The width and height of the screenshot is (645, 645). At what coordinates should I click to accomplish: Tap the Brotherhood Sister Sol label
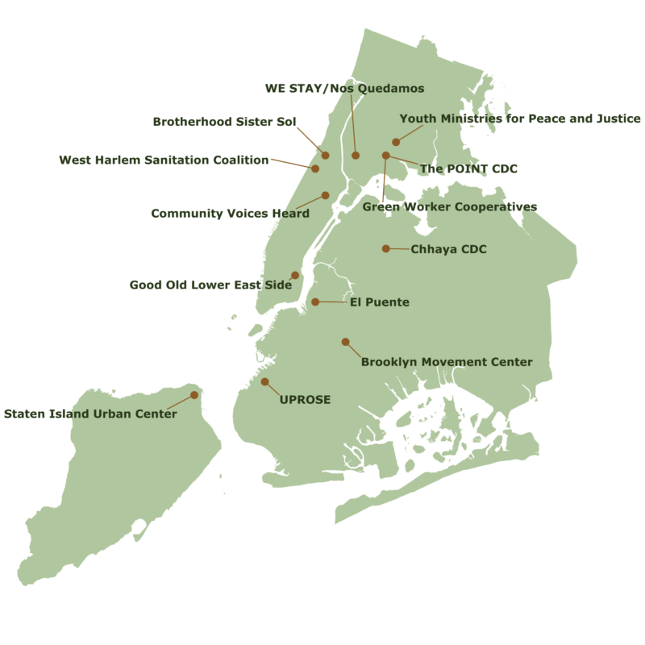[225, 122]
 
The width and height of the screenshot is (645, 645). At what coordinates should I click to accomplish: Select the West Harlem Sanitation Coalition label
[164, 160]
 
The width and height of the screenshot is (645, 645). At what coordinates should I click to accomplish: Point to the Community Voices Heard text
[231, 214]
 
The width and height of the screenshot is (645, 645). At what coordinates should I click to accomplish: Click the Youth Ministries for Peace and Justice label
[520, 119]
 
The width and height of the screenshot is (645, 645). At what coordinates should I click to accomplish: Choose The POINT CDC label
[468, 169]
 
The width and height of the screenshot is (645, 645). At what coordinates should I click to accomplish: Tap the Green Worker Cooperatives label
[449, 206]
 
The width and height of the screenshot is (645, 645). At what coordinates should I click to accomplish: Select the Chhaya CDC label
[449, 249]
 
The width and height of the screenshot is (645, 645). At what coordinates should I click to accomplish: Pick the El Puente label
[380, 302]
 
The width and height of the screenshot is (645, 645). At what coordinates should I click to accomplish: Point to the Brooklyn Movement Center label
[447, 362]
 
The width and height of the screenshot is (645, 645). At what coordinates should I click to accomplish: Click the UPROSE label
[305, 399]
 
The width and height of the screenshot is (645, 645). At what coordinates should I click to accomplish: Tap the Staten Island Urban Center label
[90, 414]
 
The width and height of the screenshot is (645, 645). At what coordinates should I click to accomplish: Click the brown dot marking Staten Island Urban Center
[194, 395]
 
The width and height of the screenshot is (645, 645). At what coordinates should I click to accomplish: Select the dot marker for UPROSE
[264, 381]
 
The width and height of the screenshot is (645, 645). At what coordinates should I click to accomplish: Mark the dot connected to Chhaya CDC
[385, 248]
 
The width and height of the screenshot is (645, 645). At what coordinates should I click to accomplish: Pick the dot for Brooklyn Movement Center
[345, 342]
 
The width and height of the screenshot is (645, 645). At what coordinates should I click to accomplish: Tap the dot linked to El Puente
[315, 302]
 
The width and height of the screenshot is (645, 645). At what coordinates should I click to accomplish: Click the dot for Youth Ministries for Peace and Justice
[396, 142]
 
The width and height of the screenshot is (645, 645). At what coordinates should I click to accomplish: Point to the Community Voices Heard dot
[326, 195]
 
